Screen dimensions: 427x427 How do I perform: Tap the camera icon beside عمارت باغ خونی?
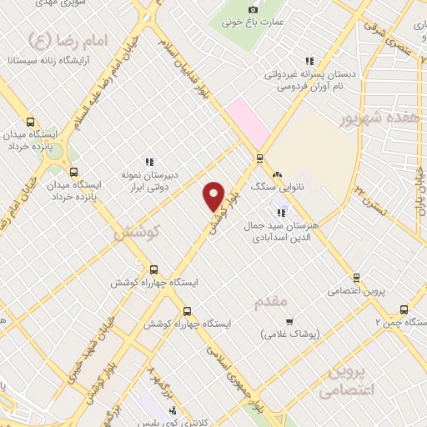tap(254, 9)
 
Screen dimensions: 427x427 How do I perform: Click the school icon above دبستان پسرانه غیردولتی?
tap(309, 60)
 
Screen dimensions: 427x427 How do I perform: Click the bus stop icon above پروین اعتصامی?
tap(356, 278)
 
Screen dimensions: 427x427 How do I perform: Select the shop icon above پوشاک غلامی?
tap(289, 322)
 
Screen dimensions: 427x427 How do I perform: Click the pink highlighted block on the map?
tap(248, 121)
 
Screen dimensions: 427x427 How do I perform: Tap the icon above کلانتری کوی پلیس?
tap(173, 409)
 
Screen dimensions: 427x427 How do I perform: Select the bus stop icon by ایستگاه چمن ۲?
tap(404, 308)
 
